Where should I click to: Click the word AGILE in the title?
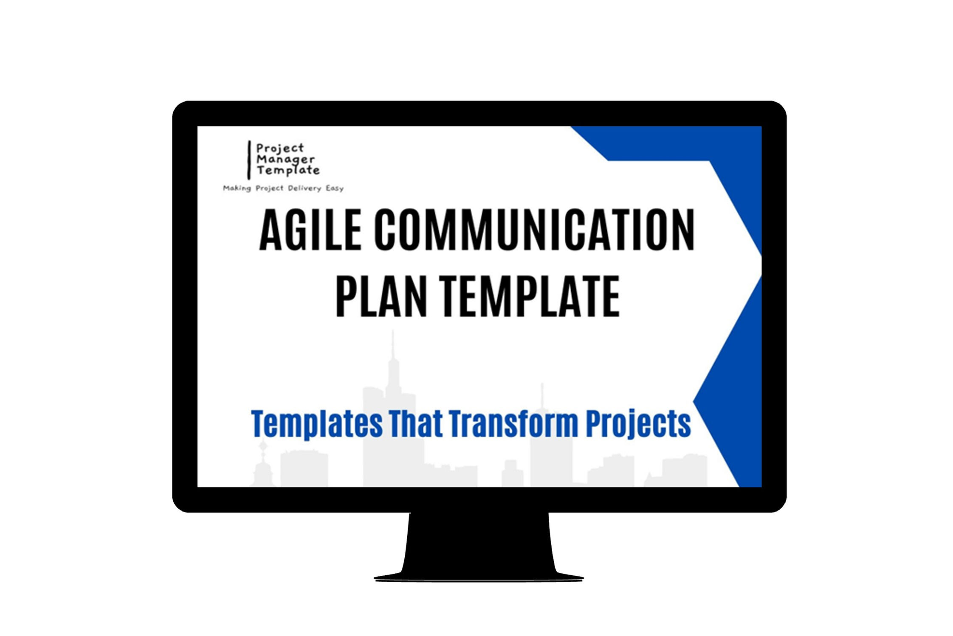[x=310, y=230]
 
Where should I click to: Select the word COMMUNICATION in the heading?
[x=534, y=230]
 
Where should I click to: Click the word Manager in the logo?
[x=285, y=160]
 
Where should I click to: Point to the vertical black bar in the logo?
[x=249, y=160]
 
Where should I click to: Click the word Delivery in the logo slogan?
[x=305, y=188]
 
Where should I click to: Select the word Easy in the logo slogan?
[x=335, y=188]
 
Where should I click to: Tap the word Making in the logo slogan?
[x=237, y=188]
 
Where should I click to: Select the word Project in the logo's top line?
[x=280, y=148]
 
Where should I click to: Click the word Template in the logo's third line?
[x=288, y=171]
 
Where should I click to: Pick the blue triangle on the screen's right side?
[x=735, y=382]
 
